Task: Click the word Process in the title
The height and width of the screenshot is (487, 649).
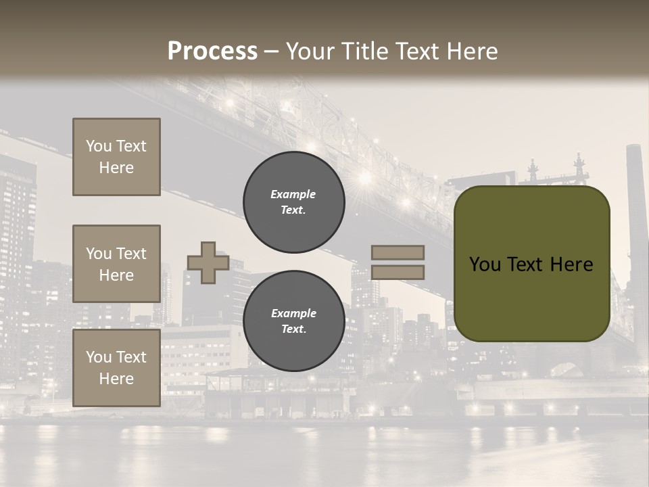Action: [212, 51]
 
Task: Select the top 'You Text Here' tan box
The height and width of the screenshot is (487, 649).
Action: [116, 157]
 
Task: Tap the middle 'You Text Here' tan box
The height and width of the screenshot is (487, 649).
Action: [116, 264]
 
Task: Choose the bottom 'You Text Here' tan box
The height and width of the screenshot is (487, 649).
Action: [116, 368]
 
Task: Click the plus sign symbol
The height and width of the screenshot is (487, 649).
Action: [208, 262]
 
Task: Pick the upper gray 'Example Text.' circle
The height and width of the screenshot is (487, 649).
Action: [293, 202]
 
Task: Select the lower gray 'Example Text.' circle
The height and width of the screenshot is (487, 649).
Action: [293, 321]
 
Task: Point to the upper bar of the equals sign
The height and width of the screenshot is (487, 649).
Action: [398, 252]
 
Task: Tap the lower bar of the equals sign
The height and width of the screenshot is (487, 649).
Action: [398, 273]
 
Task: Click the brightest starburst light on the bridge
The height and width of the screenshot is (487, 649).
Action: [366, 179]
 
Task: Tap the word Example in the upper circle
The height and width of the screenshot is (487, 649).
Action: [293, 194]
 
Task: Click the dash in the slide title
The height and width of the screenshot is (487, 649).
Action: [272, 51]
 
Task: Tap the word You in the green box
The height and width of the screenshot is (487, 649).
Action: [485, 264]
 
